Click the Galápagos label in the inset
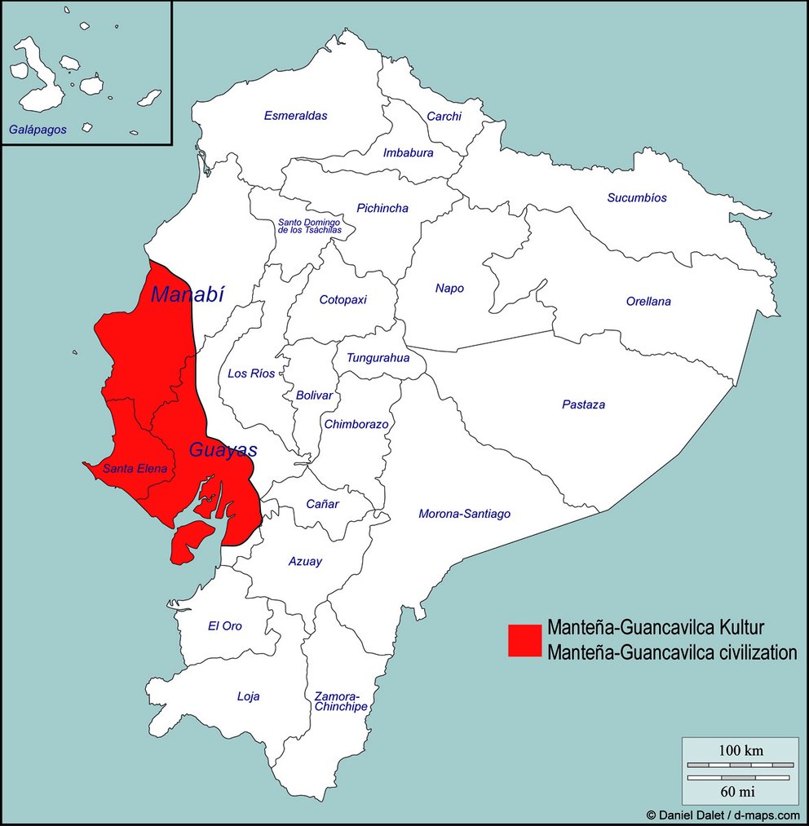(x=38, y=129)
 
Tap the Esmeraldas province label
(x=295, y=116)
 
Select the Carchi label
(x=444, y=117)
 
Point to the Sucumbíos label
(x=636, y=198)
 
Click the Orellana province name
(x=648, y=302)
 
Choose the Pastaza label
(x=583, y=404)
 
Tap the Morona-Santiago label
(x=464, y=514)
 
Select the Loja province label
(x=248, y=696)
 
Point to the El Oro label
(x=224, y=626)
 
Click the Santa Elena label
(x=135, y=469)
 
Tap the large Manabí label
(x=187, y=294)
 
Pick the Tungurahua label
(x=378, y=357)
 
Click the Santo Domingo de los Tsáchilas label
(x=309, y=226)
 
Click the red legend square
(x=524, y=640)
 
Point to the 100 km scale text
(x=740, y=751)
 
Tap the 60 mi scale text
(x=740, y=791)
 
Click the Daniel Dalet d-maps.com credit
(x=723, y=815)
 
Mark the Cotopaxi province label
(x=343, y=299)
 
